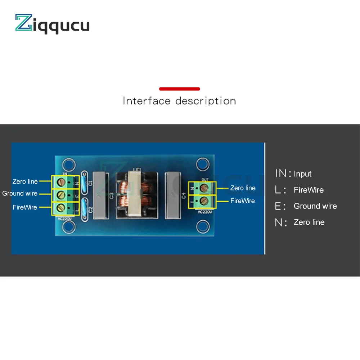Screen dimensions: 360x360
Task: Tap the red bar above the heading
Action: tap(179, 89)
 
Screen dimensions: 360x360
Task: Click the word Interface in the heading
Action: tap(146, 101)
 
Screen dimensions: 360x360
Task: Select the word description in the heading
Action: tap(206, 101)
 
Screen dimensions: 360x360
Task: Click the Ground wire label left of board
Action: tap(20, 194)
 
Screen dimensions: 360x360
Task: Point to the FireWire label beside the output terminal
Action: tap(242, 201)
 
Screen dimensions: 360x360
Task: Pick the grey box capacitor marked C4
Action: tap(174, 195)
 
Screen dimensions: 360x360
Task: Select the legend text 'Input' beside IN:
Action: tap(302, 174)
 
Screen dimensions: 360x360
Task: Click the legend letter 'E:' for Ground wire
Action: tap(280, 206)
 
